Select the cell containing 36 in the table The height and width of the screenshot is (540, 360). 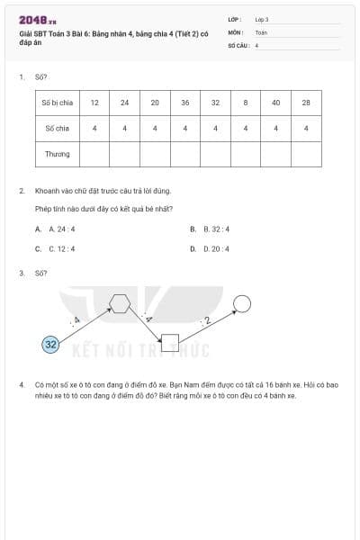coord(184,103)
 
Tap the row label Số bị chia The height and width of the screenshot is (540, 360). coord(57,103)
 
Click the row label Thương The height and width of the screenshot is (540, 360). coord(57,154)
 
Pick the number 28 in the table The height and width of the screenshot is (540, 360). coord(306,103)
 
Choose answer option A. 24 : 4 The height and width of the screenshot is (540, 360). coord(64,229)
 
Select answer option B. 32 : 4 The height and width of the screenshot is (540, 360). coord(217,229)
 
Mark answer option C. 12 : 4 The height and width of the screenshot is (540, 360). coord(62,248)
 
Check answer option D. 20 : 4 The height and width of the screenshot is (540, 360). coord(217,248)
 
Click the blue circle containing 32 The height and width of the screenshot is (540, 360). coord(51,344)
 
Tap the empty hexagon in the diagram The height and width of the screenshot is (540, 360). coord(120,302)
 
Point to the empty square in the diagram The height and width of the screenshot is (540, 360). coord(169,342)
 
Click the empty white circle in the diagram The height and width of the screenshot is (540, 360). coord(241,303)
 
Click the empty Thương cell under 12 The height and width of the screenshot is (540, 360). coord(94,154)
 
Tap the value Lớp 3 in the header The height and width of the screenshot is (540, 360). coord(262,19)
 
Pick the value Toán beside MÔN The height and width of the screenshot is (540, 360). coord(261,31)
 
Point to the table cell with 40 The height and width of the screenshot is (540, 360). coord(275,103)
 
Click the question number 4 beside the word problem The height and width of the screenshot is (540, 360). coord(21,384)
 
